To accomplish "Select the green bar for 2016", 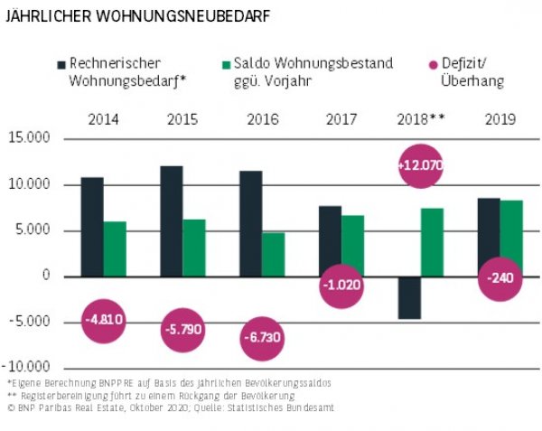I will [x=274, y=254].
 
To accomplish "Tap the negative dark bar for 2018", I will [x=410, y=297].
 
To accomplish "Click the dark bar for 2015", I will [x=172, y=220].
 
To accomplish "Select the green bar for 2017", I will [x=353, y=245].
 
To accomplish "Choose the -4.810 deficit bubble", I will [x=105, y=319].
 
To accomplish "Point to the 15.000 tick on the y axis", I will [x=31, y=138].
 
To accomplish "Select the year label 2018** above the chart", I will [x=420, y=118].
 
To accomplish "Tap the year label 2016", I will [x=262, y=118].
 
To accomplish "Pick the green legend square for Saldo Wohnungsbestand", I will [x=226, y=64].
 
